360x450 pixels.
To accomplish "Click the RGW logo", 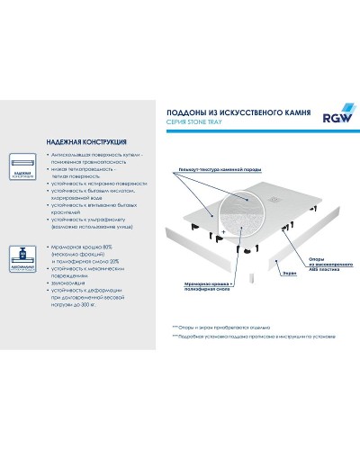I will point(331,117).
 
